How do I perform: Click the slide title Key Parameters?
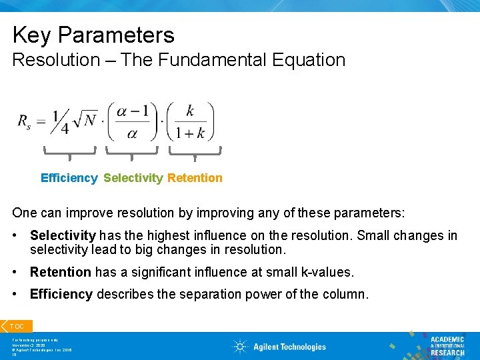pos(93,35)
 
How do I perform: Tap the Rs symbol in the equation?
pos(24,122)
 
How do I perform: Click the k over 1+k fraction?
pos(190,121)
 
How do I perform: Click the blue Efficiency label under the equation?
pos(69,178)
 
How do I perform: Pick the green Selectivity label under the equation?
pos(133,178)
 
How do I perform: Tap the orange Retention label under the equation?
pos(195,178)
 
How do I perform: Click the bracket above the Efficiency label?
pos(70,153)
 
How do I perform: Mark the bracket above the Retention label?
pos(195,153)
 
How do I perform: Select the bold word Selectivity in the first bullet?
pos(63,236)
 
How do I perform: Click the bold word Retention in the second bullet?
pos(60,272)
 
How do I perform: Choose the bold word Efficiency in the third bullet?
pos(61,294)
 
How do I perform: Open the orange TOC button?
pos(16,326)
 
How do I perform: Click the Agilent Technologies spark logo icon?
pos(240,347)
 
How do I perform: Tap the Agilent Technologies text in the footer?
pos(289,347)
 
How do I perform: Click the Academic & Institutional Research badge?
pos(445,345)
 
